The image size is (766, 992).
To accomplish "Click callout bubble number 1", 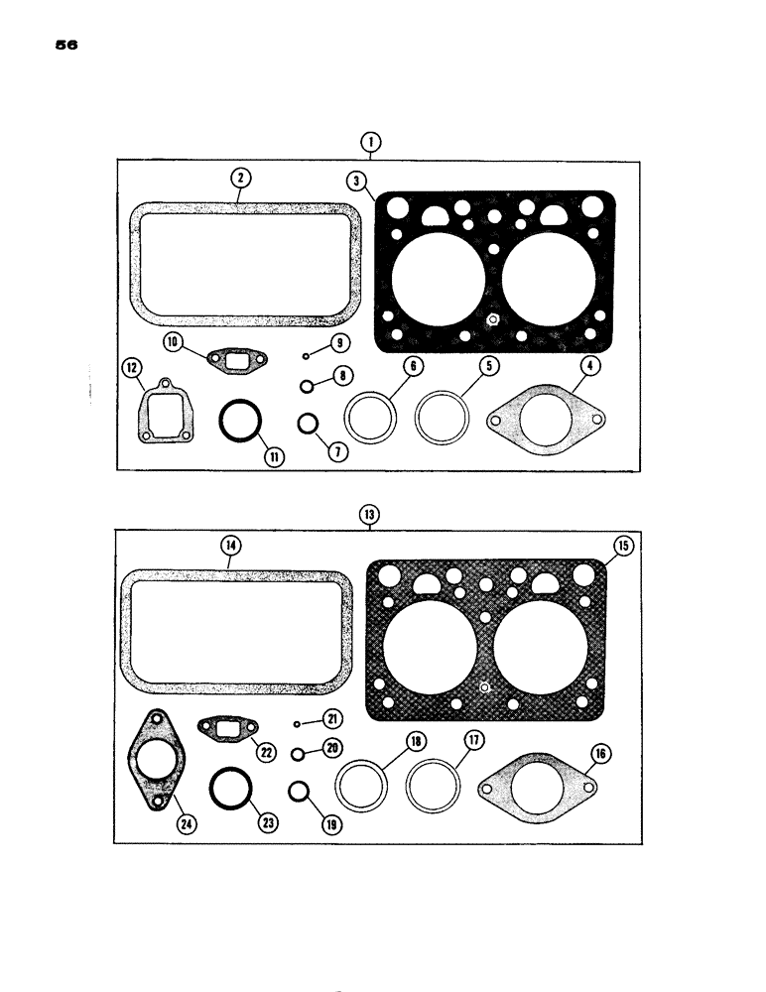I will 369,142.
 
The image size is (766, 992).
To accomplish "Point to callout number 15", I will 622,546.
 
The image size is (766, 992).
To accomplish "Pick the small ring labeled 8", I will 309,385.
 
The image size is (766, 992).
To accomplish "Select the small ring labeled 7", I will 309,424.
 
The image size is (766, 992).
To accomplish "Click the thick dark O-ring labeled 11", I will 240,423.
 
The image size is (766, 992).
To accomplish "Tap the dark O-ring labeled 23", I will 232,791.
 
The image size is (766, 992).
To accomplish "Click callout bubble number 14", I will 230,545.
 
